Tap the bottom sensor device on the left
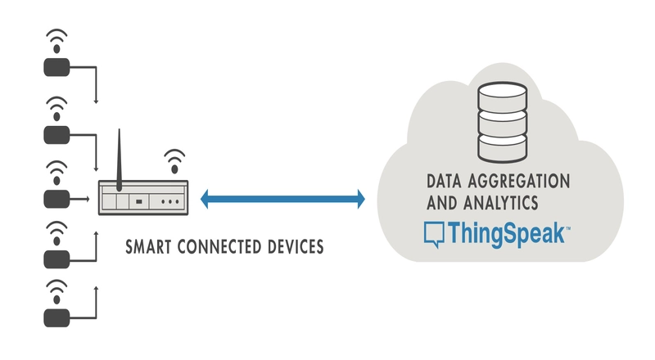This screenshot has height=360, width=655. point(56,317)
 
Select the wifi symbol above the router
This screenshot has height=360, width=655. point(174,159)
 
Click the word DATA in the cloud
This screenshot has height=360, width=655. point(444,178)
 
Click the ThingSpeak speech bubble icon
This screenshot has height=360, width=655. point(434,234)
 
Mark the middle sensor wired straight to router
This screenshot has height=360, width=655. point(56,198)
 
